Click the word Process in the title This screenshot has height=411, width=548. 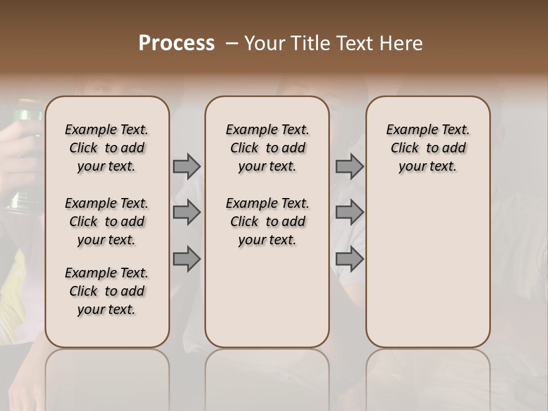click(x=176, y=43)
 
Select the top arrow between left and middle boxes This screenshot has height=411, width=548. click(x=187, y=166)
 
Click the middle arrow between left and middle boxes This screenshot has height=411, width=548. click(x=187, y=212)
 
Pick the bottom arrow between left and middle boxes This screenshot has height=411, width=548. click(x=187, y=259)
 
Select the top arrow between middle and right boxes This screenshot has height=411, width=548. click(x=349, y=166)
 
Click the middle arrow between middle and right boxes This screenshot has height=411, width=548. click(x=349, y=212)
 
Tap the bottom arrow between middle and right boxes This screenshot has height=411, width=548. click(x=349, y=259)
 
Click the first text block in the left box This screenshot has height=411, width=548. click(x=107, y=148)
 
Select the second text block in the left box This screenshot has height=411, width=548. click(x=107, y=221)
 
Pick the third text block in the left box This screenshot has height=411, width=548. click(x=107, y=291)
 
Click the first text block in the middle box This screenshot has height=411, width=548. click(x=267, y=148)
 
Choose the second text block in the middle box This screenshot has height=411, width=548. click(x=267, y=221)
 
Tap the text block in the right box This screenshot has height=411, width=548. click(x=428, y=148)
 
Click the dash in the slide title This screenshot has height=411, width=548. click(x=232, y=43)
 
